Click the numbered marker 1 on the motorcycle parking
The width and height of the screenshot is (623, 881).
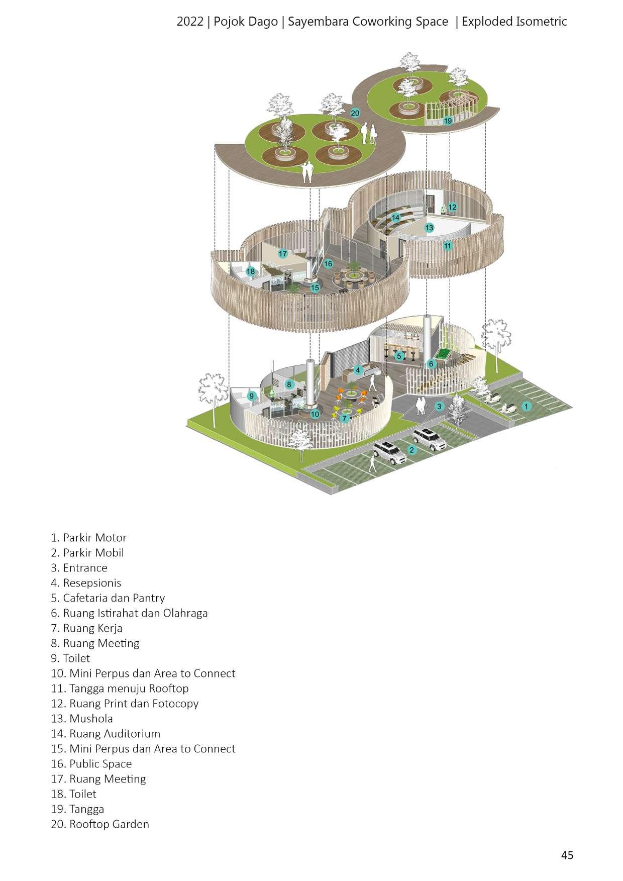pyautogui.click(x=526, y=406)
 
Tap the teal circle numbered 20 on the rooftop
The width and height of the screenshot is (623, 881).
pyautogui.click(x=355, y=113)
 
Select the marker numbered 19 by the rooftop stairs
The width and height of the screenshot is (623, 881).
pyautogui.click(x=448, y=121)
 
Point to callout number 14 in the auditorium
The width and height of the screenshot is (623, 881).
pyautogui.click(x=396, y=218)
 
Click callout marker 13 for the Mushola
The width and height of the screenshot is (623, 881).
pyautogui.click(x=429, y=228)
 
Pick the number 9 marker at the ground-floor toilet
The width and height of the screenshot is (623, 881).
pyautogui.click(x=252, y=396)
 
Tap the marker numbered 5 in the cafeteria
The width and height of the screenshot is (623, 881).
pyautogui.click(x=399, y=356)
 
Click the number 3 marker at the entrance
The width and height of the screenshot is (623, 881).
pyautogui.click(x=440, y=406)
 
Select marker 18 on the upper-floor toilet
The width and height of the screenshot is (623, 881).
pyautogui.click(x=251, y=271)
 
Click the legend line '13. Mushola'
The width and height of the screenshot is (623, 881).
pyautogui.click(x=82, y=719)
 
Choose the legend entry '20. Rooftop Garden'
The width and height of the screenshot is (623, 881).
pyautogui.click(x=100, y=824)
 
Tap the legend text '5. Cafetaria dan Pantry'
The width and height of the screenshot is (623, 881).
pyautogui.click(x=108, y=598)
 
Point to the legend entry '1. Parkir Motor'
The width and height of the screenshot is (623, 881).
pyautogui.click(x=88, y=538)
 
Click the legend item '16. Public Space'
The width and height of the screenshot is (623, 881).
pyautogui.click(x=91, y=764)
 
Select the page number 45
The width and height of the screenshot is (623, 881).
pyautogui.click(x=567, y=855)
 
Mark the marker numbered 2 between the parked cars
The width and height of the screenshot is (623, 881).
pyautogui.click(x=412, y=450)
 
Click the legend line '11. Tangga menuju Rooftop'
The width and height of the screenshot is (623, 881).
pyautogui.click(x=120, y=689)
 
